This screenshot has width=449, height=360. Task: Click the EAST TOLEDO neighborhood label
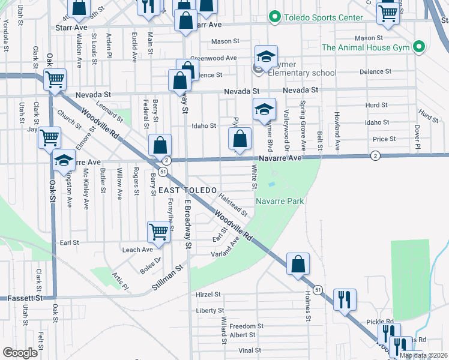187,190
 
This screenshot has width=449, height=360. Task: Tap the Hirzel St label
208,295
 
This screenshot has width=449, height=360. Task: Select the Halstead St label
233,203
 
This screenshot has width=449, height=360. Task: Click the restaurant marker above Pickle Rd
345,299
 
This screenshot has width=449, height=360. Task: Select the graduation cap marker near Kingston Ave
64,160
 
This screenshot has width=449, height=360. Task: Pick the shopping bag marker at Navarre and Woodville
160,145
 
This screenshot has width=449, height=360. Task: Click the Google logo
20,353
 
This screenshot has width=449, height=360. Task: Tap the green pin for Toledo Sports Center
275,16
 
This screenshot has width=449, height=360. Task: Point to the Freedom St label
243,326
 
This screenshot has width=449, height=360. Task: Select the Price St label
384,139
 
